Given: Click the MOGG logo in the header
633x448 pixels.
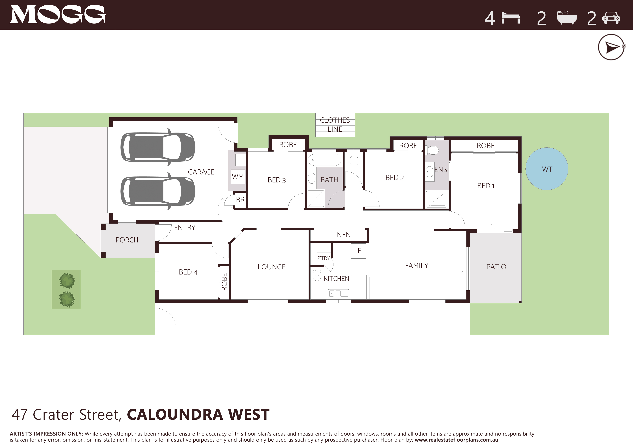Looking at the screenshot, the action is point(57,15).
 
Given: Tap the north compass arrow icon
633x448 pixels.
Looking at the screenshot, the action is point(611,47).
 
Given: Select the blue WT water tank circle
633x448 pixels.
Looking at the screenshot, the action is point(547,169).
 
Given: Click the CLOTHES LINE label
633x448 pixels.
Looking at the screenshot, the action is point(335,125).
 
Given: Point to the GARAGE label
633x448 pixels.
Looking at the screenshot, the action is point(201,172).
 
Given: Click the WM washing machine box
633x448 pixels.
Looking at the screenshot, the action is point(238,177).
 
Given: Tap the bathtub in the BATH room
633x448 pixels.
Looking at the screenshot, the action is point(324,160).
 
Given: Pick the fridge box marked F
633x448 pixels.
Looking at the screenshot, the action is point(359,251).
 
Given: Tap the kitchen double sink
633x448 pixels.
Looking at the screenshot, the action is point(339,293).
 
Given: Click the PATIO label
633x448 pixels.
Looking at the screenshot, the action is point(496,267).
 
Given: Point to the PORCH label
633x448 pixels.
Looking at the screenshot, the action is point(127,240).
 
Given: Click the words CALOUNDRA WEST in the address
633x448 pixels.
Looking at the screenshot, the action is point(198,415).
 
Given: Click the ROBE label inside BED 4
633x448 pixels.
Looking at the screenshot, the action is point(224,282).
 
